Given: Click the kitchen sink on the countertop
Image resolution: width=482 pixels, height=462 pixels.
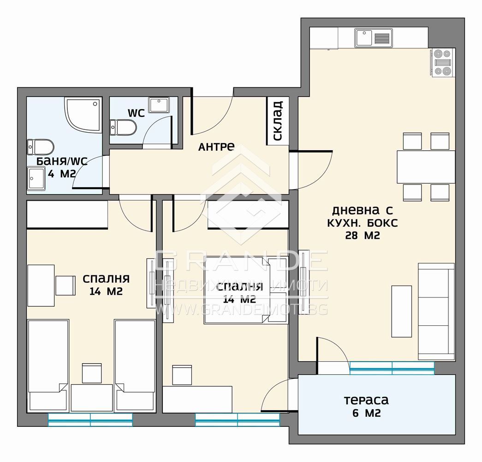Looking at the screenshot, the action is point(374,38).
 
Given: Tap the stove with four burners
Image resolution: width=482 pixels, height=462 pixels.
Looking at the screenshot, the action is point(442,62).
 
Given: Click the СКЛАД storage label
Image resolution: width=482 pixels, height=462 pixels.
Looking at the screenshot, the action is point(278,121).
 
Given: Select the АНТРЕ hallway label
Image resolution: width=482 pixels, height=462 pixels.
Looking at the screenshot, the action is point(216,146).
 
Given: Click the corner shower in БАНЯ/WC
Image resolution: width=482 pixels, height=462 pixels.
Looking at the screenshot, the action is point(83,115).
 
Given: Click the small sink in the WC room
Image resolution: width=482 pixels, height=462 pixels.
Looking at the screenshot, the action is point(159,105).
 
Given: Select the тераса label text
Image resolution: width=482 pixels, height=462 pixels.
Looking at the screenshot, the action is point(366,400).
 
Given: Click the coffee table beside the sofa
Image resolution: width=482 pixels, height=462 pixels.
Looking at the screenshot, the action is point(401,311).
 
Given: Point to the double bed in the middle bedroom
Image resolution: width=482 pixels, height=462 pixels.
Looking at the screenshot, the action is point(246,290).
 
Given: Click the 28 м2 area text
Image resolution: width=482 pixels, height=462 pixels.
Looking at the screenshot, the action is point(363,236).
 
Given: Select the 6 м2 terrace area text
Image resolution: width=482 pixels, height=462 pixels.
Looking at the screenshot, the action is point(366,413).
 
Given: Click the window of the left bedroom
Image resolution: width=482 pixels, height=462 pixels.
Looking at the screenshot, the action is point(90,419).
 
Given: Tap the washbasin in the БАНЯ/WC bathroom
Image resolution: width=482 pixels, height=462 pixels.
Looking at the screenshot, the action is point(36,179).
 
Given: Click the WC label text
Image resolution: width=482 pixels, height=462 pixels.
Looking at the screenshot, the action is point(136,113).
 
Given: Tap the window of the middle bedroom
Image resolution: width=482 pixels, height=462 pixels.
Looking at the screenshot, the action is point(238,419).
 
